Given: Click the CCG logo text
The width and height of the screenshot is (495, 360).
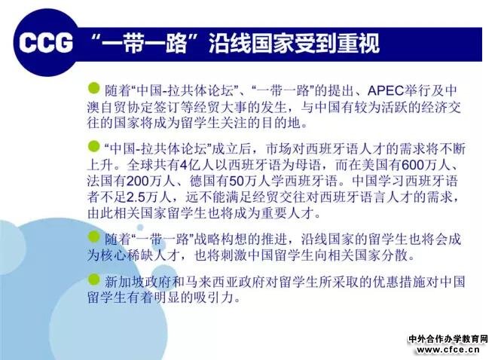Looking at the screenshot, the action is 45,43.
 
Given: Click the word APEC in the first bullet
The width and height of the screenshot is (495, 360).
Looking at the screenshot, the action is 386,91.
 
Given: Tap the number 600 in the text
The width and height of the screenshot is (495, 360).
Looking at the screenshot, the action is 412,165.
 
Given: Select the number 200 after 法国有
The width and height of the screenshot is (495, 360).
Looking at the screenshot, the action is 138,181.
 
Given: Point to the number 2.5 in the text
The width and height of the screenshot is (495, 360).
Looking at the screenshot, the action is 136,197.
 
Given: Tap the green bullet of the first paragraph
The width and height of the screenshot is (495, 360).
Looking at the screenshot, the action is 93,88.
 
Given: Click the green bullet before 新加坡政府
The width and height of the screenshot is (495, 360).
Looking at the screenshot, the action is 93,279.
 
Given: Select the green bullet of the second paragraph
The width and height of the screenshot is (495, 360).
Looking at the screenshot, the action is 93,146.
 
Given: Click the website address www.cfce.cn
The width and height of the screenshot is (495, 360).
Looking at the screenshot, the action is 448,349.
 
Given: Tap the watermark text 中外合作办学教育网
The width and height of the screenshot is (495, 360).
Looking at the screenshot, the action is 448,339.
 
